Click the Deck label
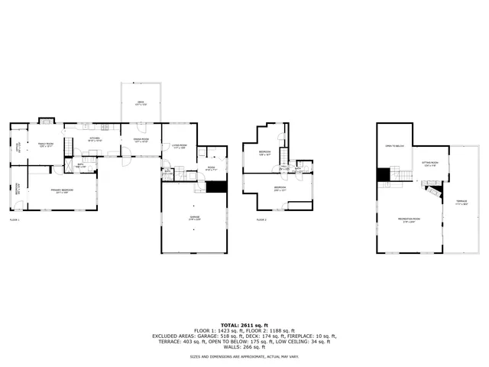point(141,103)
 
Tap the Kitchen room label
point(95,140)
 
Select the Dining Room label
point(141,140)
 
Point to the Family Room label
point(46,145)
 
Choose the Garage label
point(194,218)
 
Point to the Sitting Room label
point(429,163)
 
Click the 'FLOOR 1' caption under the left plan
point(15,220)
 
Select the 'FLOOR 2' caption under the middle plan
point(261,220)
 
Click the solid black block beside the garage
point(217,187)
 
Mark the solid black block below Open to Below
point(383,174)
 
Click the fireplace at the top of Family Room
point(46,120)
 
